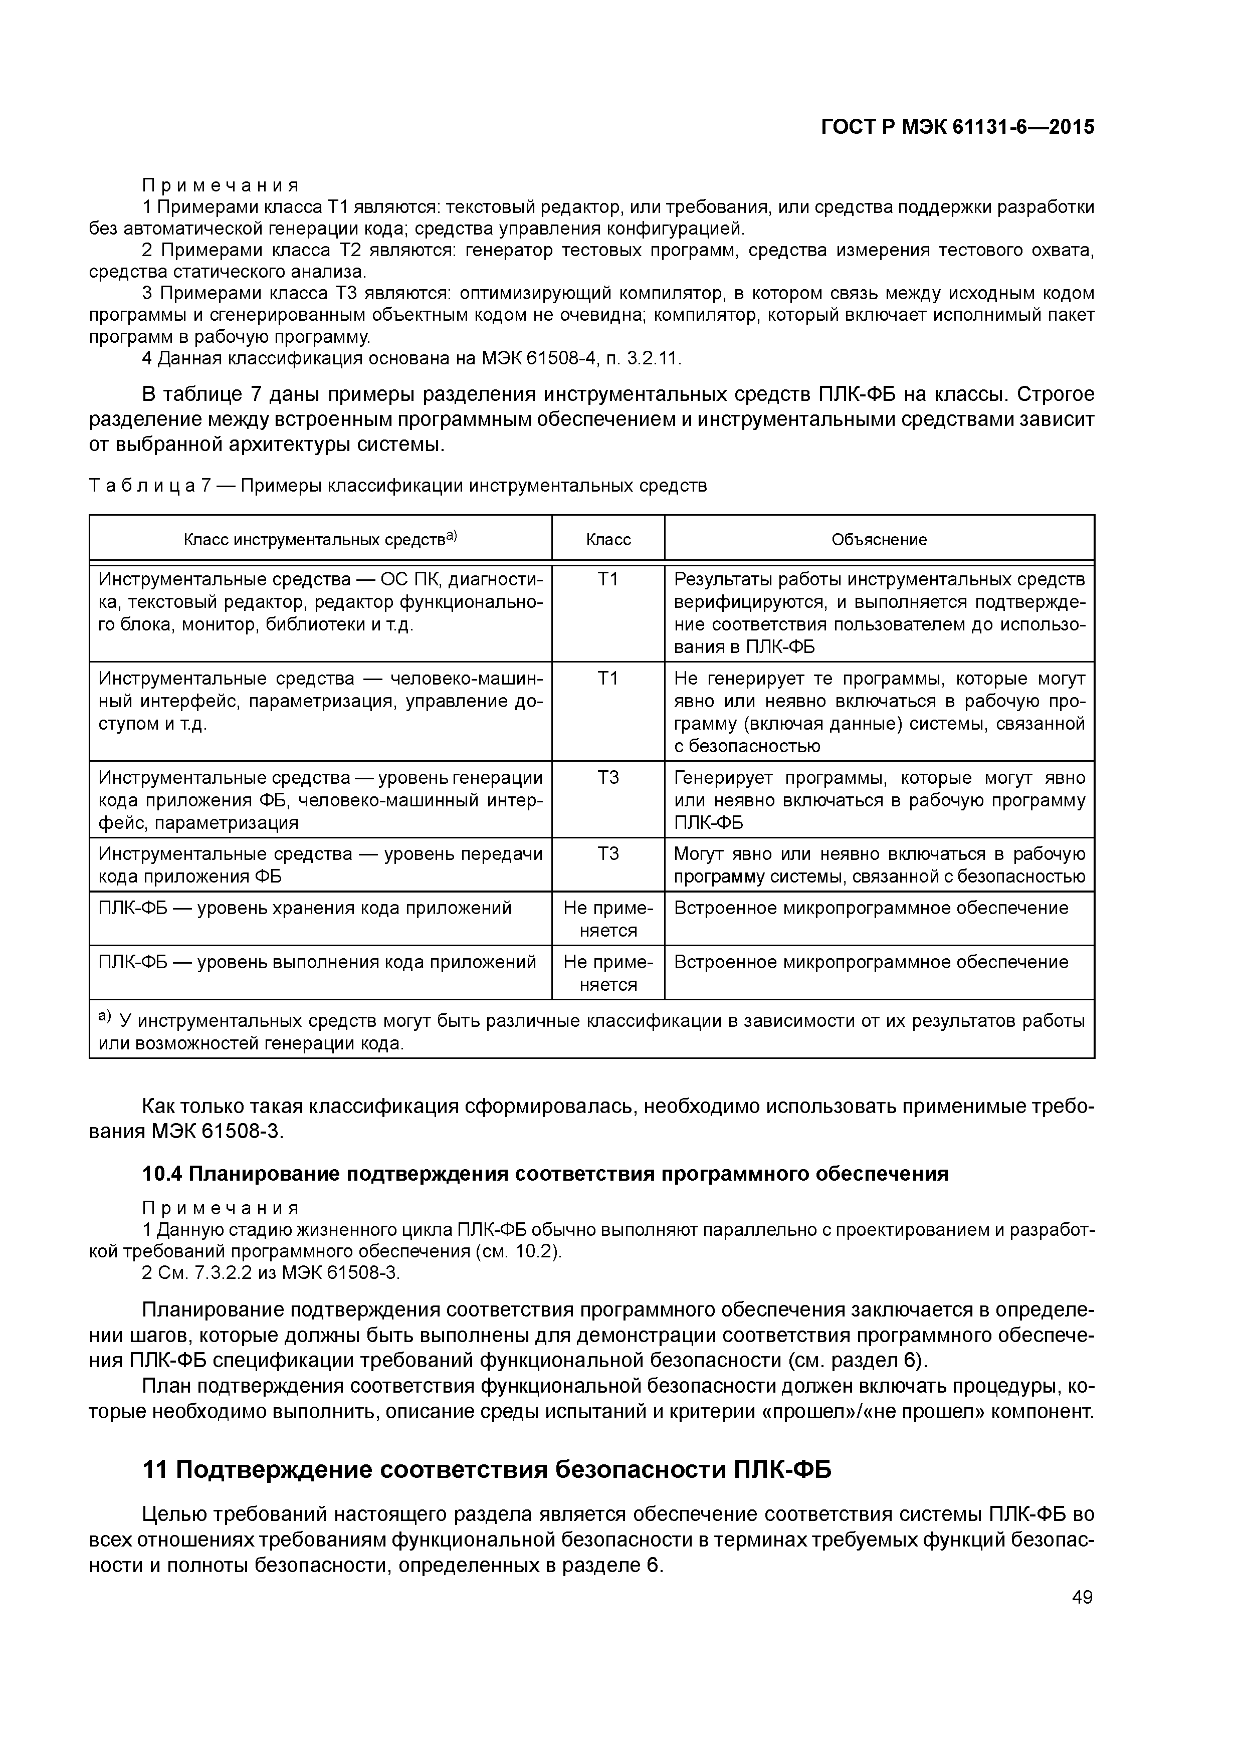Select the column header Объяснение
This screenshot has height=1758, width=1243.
(879, 539)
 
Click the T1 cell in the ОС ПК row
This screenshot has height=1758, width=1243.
(608, 580)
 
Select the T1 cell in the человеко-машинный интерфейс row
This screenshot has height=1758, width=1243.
(608, 679)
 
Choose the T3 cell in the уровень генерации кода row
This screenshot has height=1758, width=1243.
(608, 778)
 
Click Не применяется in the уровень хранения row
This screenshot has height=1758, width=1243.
(608, 919)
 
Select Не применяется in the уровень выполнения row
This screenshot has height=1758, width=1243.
(608, 972)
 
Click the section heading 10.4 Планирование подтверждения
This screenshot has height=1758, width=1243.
(545, 1173)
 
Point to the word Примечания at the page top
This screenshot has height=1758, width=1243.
(220, 185)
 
